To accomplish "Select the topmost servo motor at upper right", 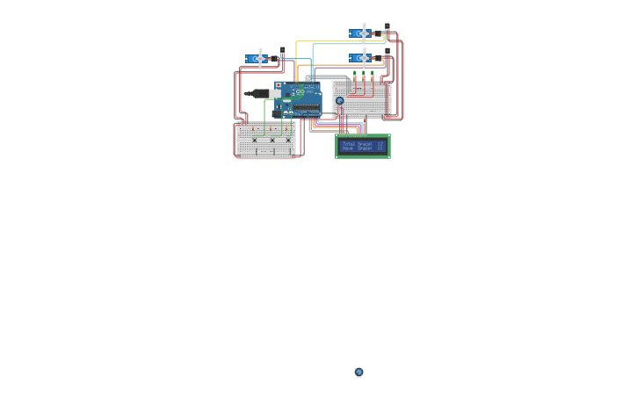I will click(363, 33).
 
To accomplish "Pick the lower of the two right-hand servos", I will click(363, 58).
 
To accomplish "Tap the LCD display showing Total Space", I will click(363, 146).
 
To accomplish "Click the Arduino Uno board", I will click(300, 99).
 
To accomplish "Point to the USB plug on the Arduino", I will click(260, 93).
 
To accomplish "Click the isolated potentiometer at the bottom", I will click(359, 373).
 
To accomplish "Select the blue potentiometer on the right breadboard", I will click(340, 101).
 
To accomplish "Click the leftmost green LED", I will click(355, 74).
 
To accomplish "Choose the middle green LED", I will click(364, 74).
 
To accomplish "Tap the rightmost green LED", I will click(373, 74).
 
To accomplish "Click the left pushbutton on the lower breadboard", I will click(255, 141).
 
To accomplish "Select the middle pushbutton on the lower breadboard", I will click(271, 141).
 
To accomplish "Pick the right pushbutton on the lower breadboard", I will click(287, 141).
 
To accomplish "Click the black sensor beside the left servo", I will click(282, 52).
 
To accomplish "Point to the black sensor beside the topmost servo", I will click(387, 28).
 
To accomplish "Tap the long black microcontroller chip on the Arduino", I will click(307, 109).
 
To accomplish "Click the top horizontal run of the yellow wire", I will click(338, 41).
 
